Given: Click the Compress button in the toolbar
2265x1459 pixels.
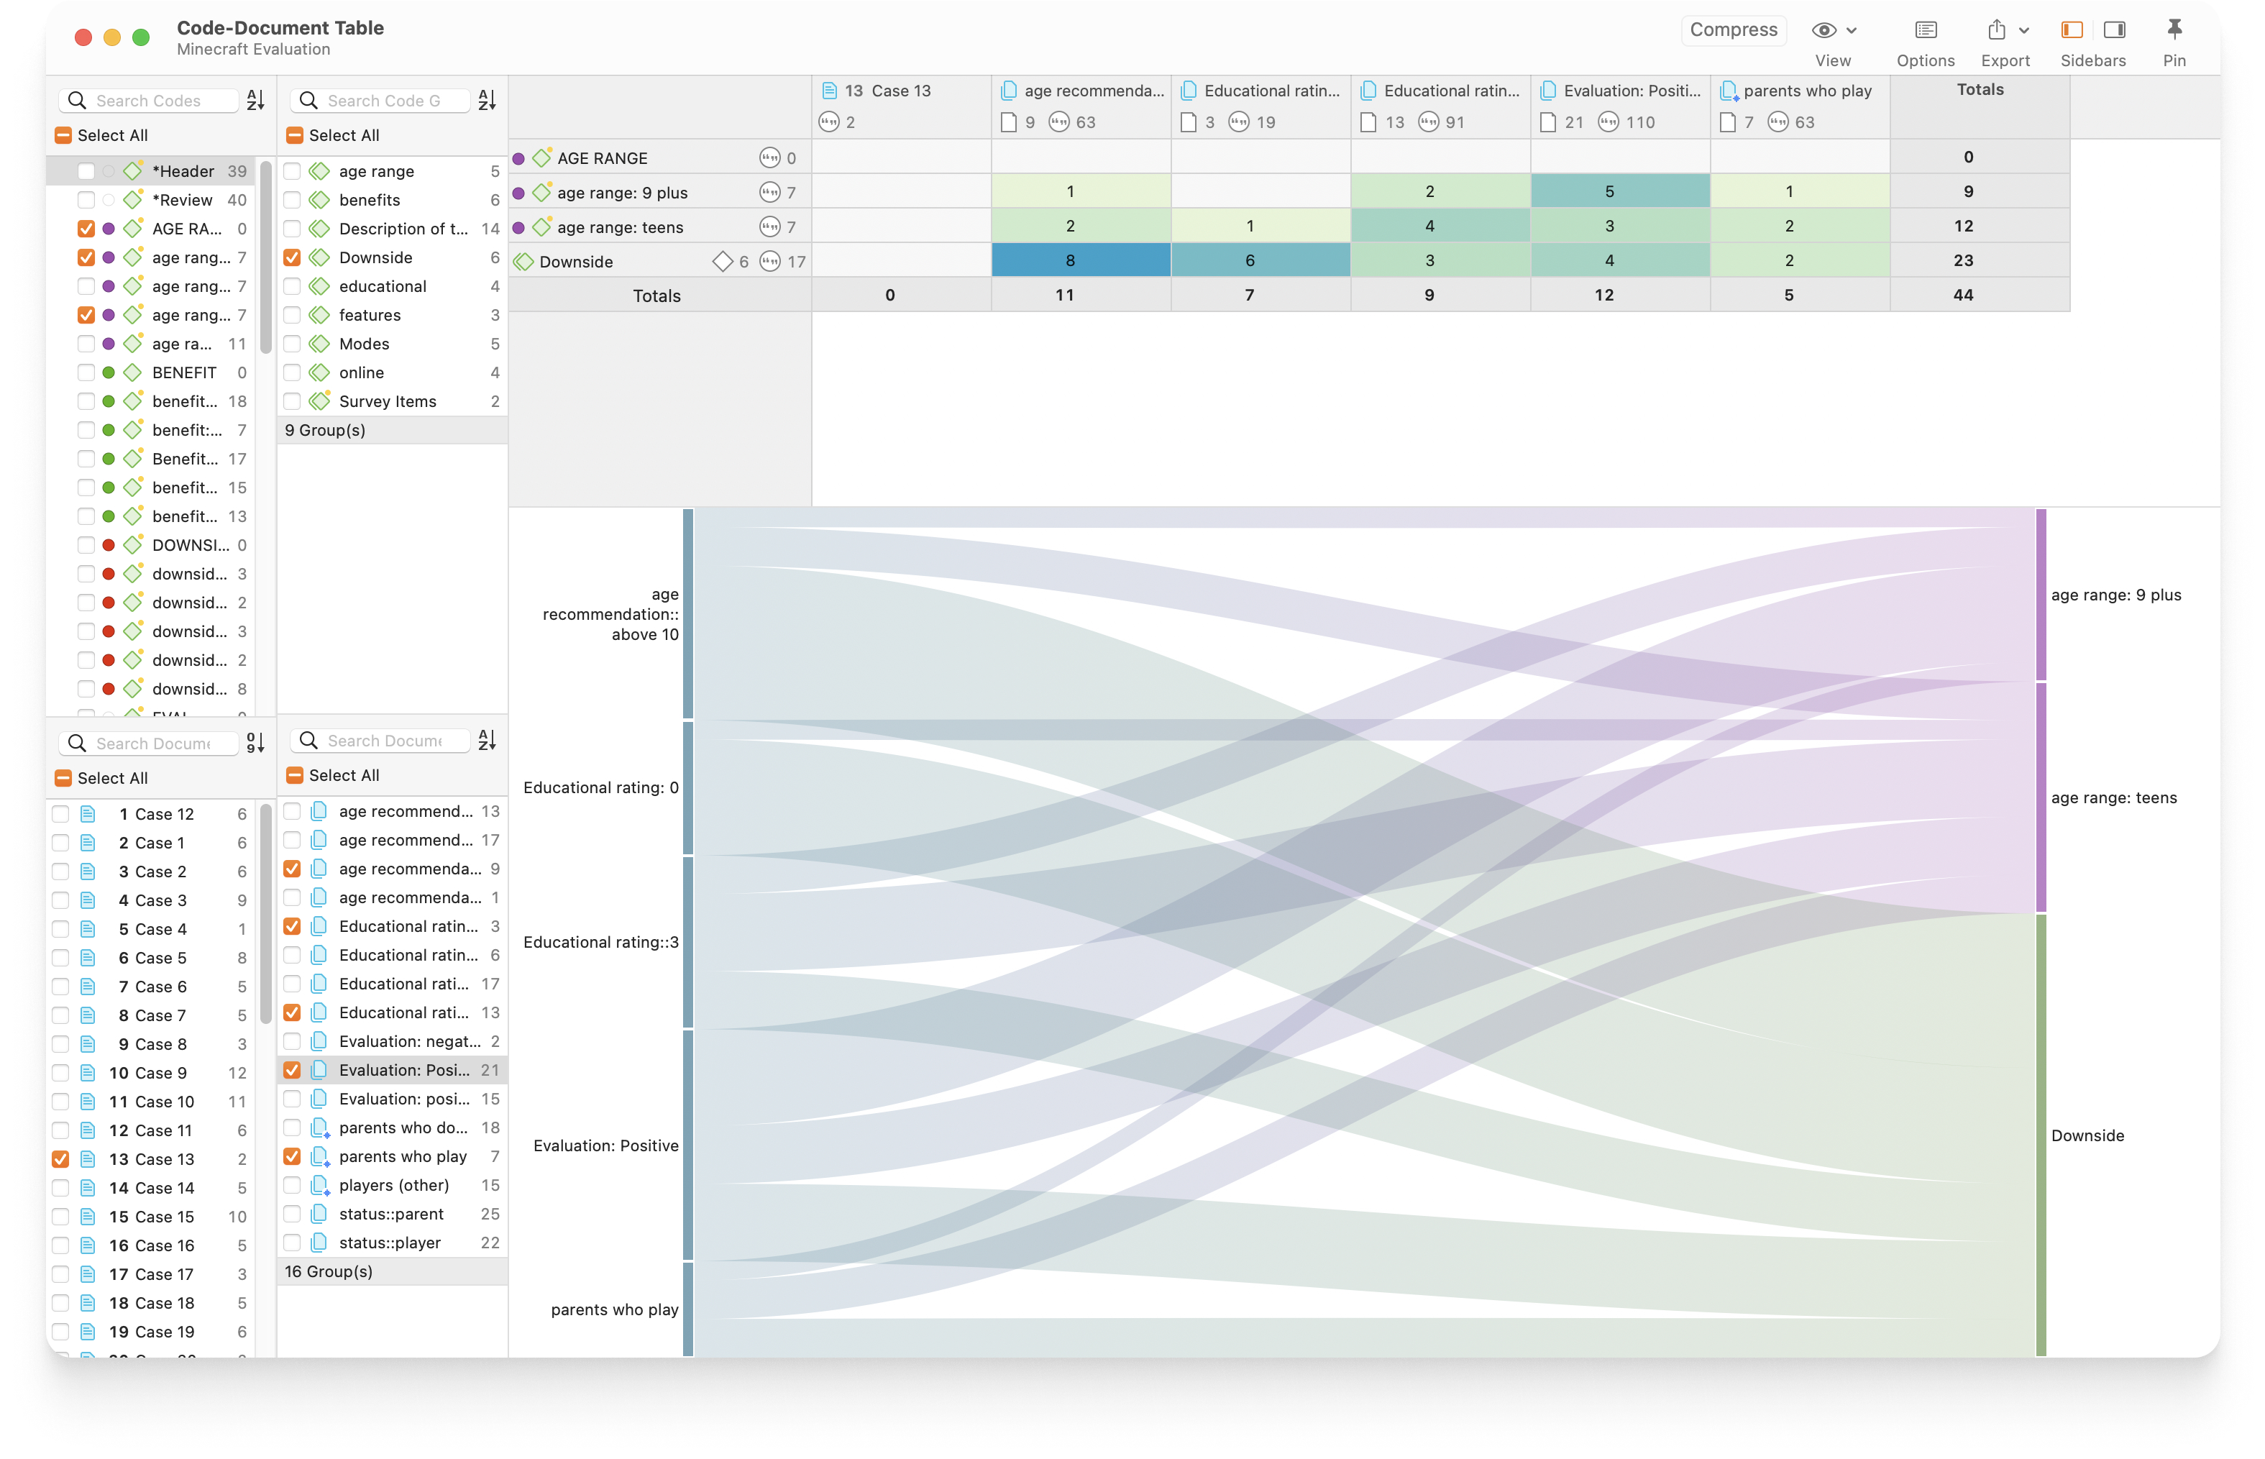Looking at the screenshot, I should [x=1733, y=29].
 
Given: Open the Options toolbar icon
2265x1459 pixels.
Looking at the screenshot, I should [x=1924, y=30].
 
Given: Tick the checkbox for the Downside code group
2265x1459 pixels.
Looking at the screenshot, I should [x=292, y=257].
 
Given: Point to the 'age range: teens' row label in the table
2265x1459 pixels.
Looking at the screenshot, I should [x=620, y=227].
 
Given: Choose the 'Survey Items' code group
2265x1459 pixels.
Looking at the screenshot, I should [x=387, y=402].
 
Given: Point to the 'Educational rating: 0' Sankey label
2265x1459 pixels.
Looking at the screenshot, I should [x=600, y=787].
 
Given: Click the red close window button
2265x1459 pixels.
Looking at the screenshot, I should [x=83, y=37].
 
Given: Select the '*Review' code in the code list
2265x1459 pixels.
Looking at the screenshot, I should [x=182, y=200].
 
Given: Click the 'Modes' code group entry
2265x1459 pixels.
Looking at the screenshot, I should [x=364, y=344].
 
